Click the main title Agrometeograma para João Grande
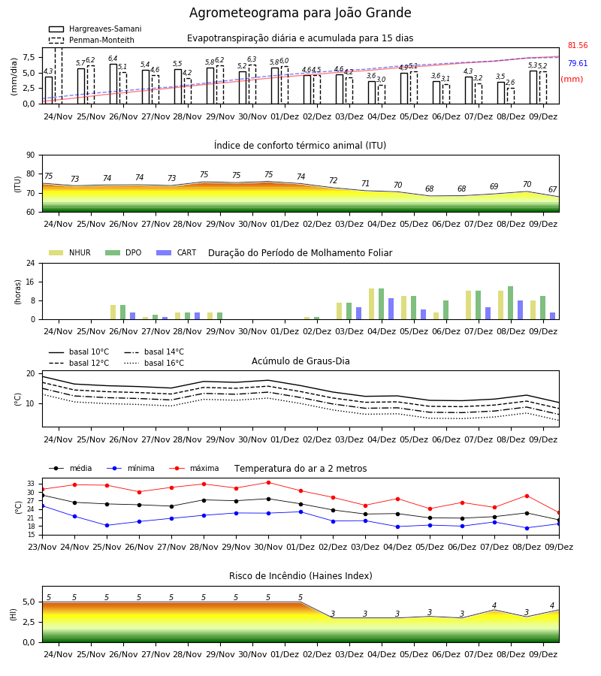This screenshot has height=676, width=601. (x=300, y=13)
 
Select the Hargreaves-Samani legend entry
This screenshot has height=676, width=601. (x=95, y=29)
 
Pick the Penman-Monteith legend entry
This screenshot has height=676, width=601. (x=92, y=40)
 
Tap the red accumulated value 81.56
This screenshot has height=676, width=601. (x=578, y=45)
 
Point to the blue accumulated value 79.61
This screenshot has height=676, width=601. (x=578, y=63)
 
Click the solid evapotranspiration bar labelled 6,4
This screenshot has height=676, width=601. (x=113, y=84)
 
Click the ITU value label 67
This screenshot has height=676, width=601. (x=552, y=190)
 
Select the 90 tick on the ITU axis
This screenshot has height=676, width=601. (x=31, y=155)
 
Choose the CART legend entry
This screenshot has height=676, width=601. (x=177, y=252)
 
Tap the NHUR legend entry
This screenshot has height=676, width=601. (x=70, y=252)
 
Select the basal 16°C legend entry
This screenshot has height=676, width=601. (x=154, y=363)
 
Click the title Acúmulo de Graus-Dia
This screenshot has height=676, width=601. (x=300, y=361)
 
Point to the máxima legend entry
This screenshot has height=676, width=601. (x=194, y=468)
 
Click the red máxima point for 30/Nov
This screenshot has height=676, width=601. (x=269, y=482)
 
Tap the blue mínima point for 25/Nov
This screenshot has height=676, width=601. (x=107, y=525)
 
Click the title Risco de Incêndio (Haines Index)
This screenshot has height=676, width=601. (x=300, y=576)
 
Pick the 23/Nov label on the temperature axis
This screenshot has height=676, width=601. (x=42, y=547)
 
